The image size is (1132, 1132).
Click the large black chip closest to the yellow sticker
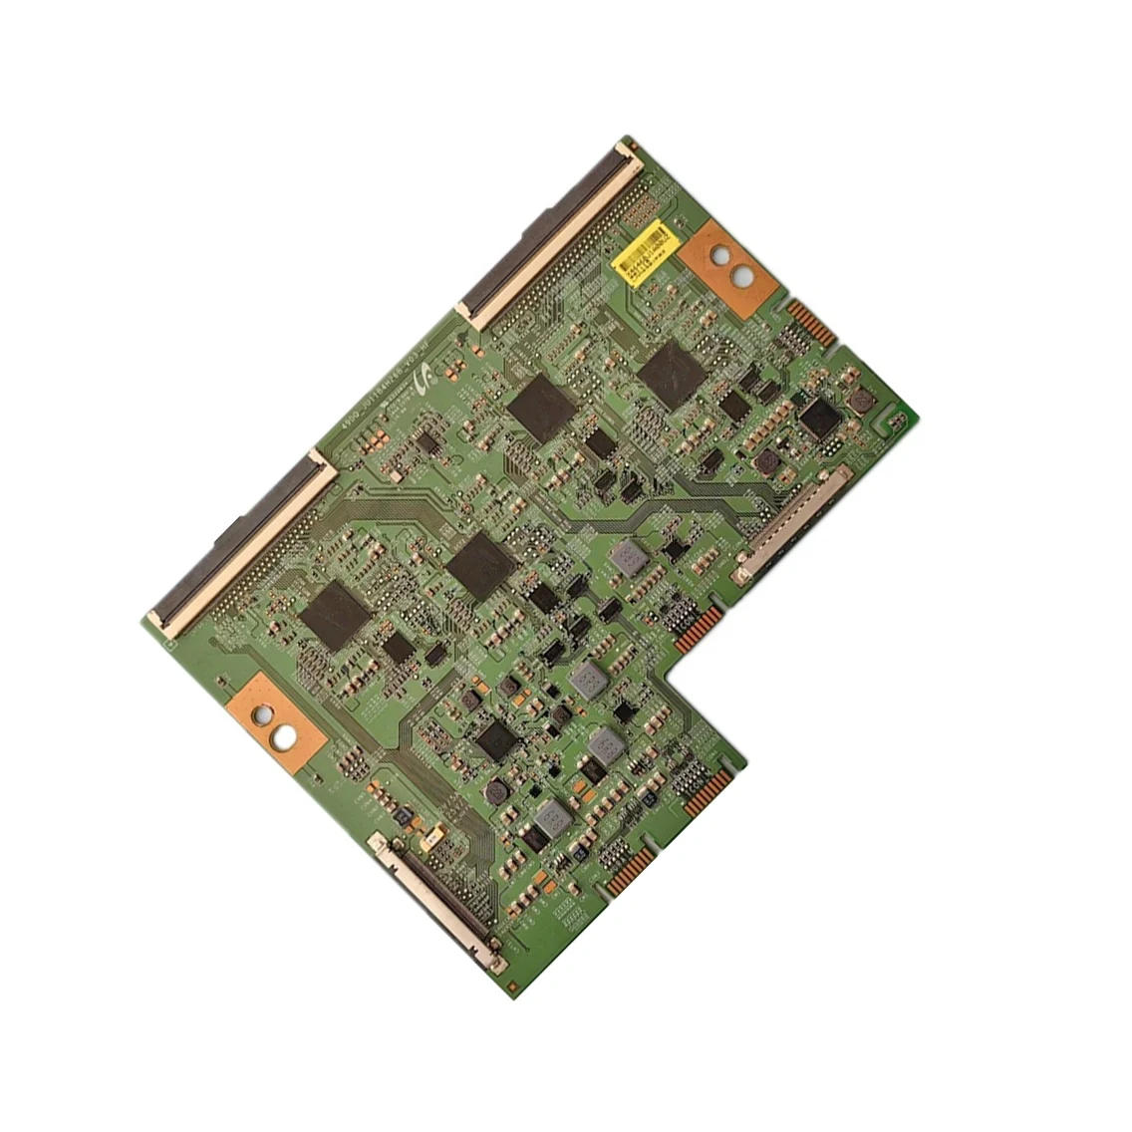point(671,371)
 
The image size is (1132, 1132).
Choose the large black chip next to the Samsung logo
point(541,409)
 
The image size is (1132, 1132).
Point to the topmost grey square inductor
point(626,558)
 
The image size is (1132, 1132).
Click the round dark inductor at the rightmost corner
point(859,401)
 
